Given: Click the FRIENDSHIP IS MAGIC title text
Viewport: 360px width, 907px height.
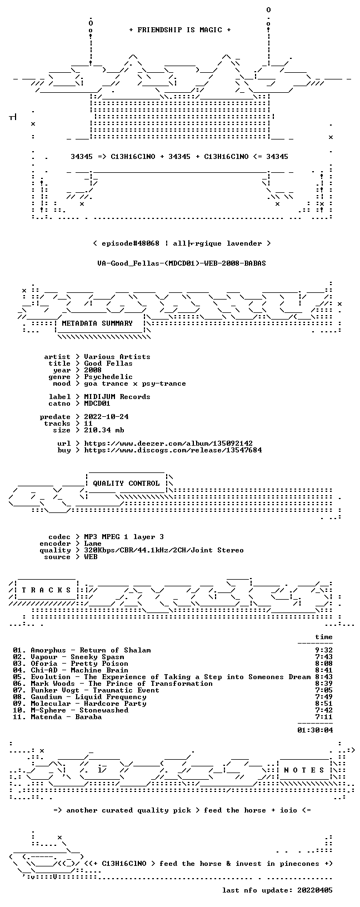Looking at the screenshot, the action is tap(180, 30).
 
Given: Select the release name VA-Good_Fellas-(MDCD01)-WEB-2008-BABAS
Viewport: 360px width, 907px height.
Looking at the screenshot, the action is tap(182, 263).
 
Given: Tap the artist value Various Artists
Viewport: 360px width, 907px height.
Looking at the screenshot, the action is tap(117, 357).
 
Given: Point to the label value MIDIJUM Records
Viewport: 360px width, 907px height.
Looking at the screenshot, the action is tap(117, 397).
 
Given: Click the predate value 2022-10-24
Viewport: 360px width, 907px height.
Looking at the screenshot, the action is tap(106, 417).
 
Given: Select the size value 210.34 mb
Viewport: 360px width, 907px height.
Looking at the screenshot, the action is tap(104, 430).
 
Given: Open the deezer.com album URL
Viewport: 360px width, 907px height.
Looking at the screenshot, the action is tap(168, 443).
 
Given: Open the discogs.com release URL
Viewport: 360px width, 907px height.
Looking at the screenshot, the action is tap(173, 450).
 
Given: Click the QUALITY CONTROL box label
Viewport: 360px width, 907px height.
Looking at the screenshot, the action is tap(126, 483).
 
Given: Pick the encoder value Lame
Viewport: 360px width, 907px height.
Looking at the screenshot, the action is tap(93, 544).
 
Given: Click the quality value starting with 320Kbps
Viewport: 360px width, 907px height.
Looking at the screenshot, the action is tap(164, 550).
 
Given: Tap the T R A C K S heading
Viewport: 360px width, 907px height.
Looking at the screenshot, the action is tap(46, 590).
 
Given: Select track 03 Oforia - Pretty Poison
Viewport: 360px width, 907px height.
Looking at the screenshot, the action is tap(71, 664).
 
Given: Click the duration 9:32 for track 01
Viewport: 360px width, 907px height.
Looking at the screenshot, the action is tap(324, 650).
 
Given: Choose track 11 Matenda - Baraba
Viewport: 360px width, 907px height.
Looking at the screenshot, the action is tap(57, 717).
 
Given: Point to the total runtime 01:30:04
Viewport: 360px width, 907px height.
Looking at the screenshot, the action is tap(315, 730).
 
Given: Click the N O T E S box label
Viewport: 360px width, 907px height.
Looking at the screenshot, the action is tap(304, 770).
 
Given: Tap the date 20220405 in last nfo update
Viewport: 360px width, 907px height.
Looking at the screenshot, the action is tap(315, 890).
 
